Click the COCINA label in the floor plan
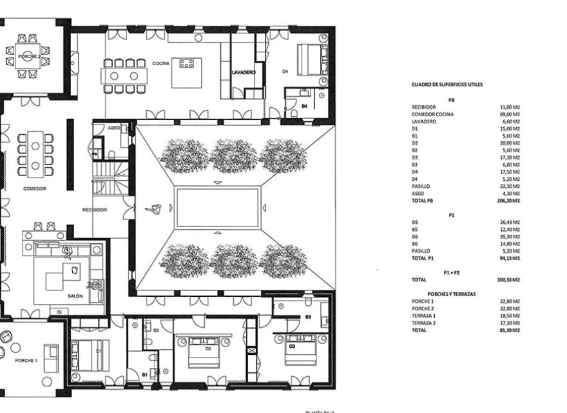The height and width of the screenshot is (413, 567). [161, 64]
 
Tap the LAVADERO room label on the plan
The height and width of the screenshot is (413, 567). [244, 73]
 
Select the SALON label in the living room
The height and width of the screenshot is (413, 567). [75, 296]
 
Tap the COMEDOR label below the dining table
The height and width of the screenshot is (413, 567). [34, 189]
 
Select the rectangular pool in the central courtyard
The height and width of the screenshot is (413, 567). [218, 207]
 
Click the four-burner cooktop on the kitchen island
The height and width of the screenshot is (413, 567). [187, 63]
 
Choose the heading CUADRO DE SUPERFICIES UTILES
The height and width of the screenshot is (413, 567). [447, 85]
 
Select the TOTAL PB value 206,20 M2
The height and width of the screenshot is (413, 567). [507, 201]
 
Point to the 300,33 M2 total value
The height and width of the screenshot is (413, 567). [507, 280]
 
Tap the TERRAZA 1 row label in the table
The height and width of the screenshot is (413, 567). [424, 316]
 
